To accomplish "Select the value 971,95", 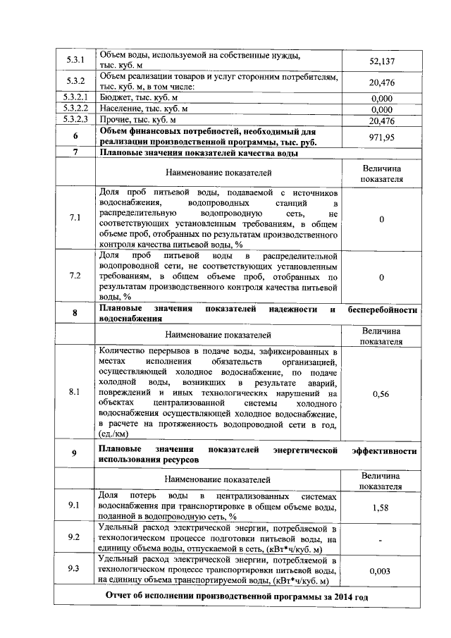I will [381, 137].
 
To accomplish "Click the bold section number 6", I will [75, 137].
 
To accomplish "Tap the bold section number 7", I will [75, 153].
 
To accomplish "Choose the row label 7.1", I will [75, 219].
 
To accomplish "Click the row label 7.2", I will [75, 276].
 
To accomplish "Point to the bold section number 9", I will [75, 454].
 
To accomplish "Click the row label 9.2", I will [75, 537].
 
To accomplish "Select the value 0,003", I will [381, 571].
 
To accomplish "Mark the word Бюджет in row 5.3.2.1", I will [116, 98].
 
